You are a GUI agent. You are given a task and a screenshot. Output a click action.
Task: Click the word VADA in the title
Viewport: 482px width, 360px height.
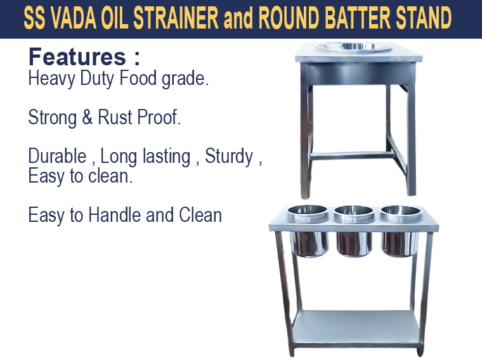coord(74,18)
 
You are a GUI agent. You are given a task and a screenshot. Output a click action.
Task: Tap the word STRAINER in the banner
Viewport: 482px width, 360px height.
coord(176,18)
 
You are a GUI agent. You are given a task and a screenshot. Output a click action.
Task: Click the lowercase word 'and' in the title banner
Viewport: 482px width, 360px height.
coord(238,18)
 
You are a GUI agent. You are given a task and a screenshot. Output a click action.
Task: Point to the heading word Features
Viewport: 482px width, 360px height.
coord(77,57)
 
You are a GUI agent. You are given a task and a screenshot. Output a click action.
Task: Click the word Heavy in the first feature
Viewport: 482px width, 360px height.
coord(51,79)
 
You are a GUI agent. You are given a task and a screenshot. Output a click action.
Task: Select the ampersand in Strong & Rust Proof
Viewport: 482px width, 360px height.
coord(88,117)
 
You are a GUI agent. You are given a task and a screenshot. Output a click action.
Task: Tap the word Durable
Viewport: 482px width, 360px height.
coord(57,156)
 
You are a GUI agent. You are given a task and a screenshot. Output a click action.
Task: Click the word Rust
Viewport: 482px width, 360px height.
coord(115,117)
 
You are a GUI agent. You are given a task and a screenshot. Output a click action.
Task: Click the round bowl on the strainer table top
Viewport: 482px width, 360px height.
coord(354,47)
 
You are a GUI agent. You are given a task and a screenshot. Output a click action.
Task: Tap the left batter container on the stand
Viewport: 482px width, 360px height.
coord(308,231)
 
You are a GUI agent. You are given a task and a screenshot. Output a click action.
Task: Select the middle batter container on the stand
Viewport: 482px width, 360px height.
coord(354,231)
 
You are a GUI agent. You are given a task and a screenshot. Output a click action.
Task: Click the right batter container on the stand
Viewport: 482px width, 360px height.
coord(400,231)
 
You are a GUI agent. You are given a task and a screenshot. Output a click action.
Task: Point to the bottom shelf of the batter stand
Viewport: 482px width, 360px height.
coord(356,326)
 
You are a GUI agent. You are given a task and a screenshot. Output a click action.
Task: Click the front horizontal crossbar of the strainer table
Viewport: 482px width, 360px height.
coord(351,156)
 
